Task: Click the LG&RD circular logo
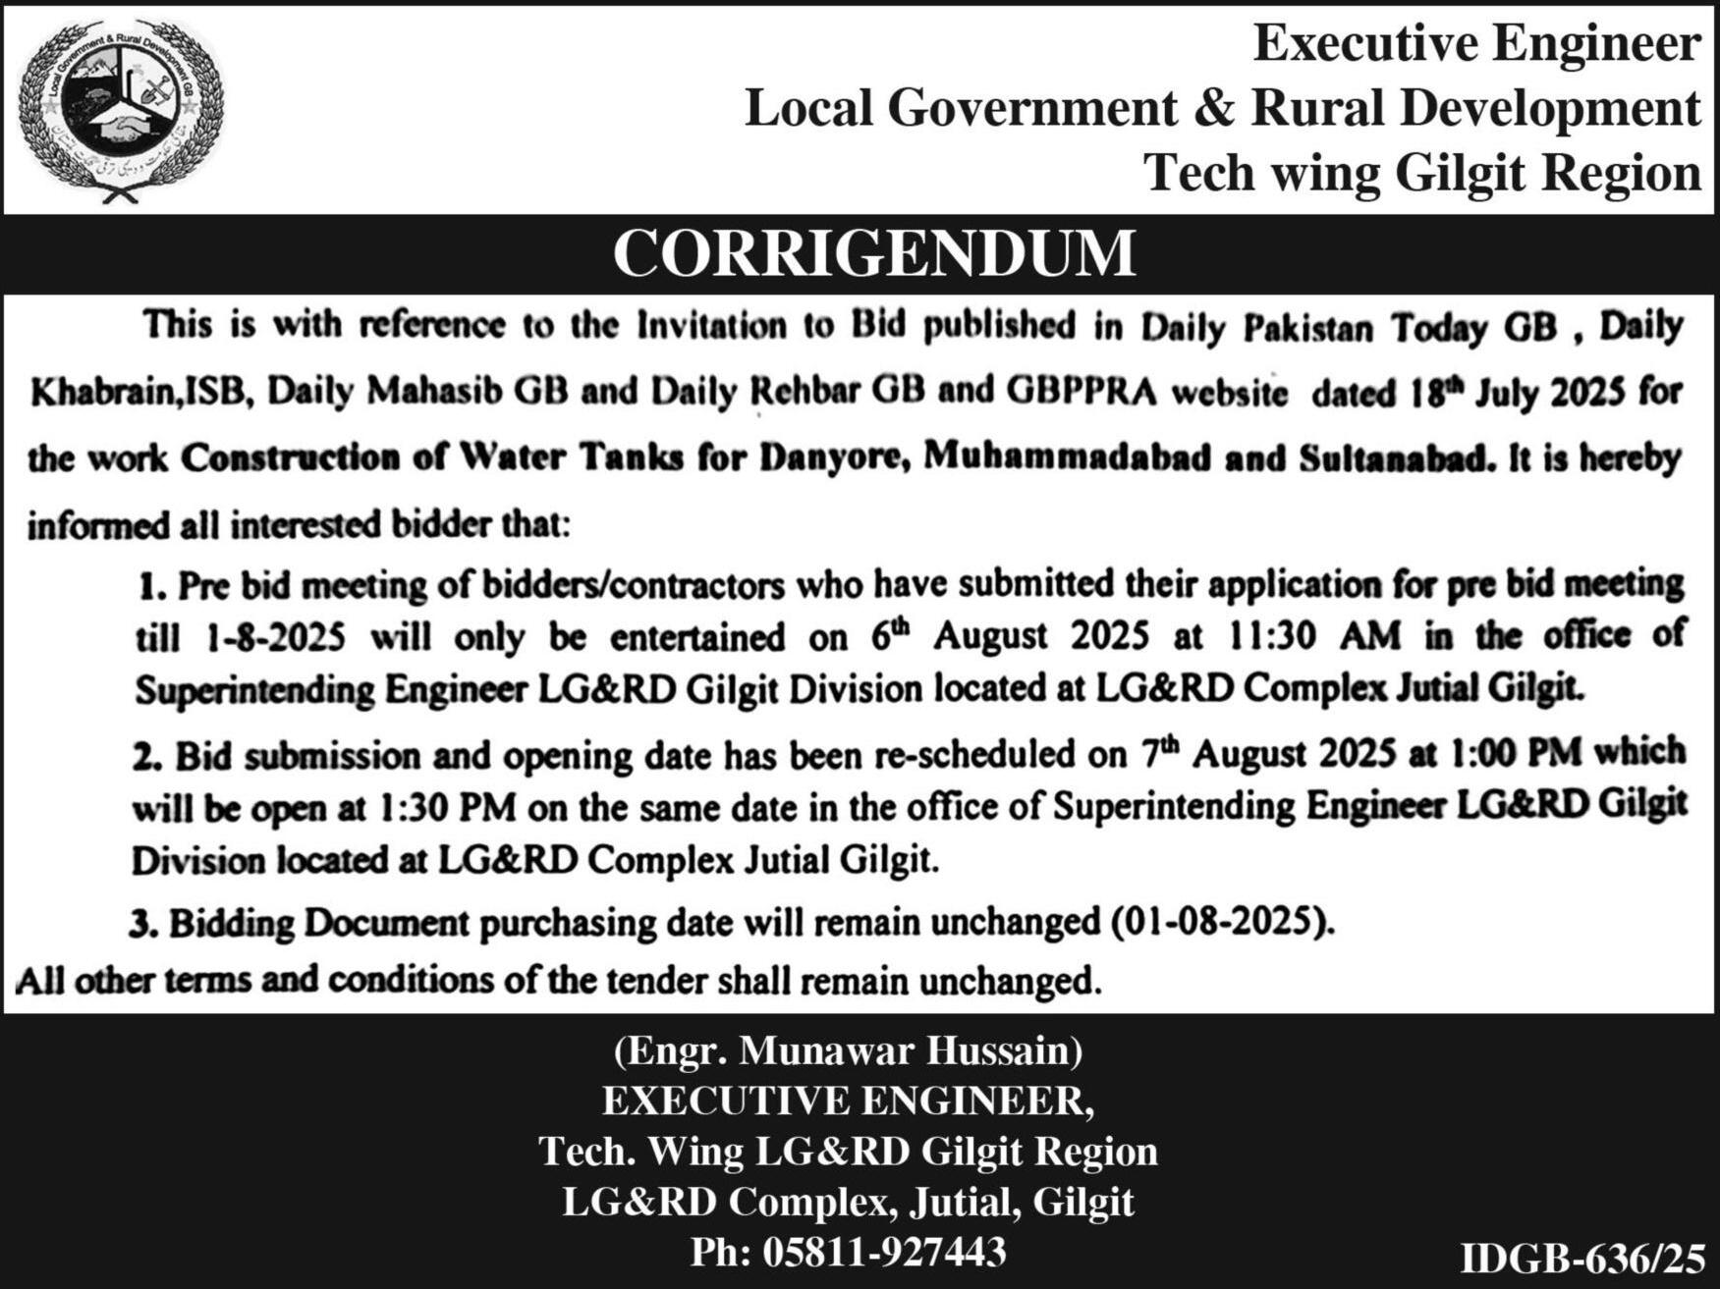tap(121, 109)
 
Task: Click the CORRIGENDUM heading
tap(873, 253)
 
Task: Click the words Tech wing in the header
tap(1262, 173)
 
